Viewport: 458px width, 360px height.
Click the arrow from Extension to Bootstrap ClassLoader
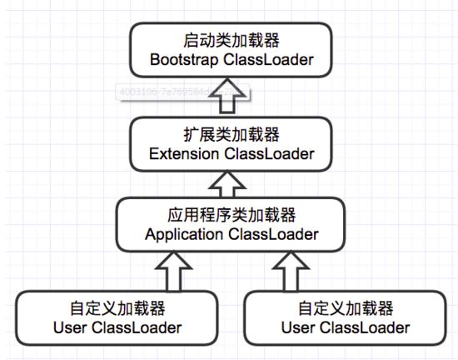tap(228, 101)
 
